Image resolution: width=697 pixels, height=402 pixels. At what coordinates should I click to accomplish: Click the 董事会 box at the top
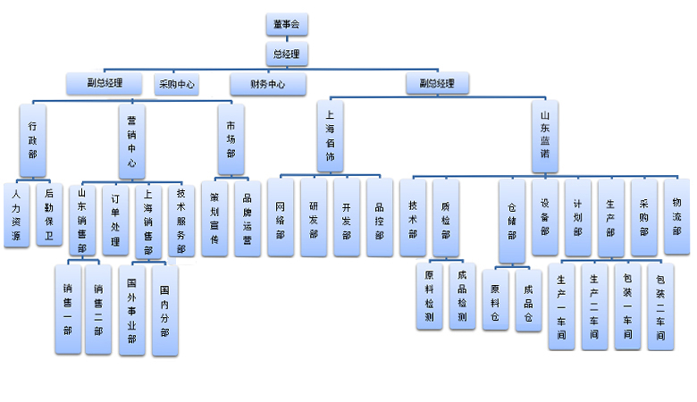tap(286, 25)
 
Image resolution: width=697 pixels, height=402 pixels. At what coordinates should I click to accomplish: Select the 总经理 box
tap(286, 54)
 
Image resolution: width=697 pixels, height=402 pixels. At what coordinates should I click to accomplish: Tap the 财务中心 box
tap(268, 85)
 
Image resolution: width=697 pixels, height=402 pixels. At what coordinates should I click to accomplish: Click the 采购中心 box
tap(177, 85)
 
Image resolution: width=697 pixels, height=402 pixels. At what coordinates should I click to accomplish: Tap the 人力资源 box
tap(16, 214)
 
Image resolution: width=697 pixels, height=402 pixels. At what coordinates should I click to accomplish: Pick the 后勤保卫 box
tap(49, 214)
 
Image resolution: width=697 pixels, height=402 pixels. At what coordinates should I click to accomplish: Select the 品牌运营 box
tap(248, 218)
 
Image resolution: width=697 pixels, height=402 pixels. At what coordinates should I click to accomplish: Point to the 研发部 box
tap(314, 218)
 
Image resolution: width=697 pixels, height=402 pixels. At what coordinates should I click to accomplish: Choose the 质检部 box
tap(446, 219)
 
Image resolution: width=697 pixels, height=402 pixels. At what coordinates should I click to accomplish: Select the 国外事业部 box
tap(131, 309)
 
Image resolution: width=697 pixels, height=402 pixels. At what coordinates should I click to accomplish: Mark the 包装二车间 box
tap(660, 306)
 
